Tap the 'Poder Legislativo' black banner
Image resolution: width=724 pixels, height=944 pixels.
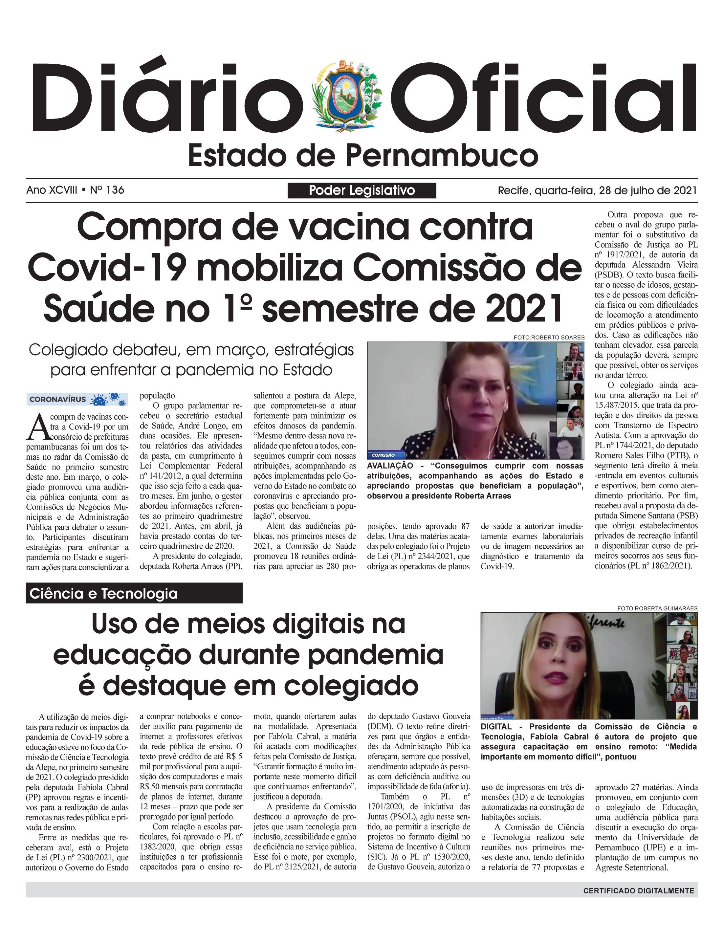pos(362,190)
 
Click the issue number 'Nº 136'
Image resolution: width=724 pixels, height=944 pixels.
pos(107,190)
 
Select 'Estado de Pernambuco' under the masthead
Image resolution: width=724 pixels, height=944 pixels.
pos(363,156)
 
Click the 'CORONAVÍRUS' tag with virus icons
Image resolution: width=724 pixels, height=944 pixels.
pos(77,399)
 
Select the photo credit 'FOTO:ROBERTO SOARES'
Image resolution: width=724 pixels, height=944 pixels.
pos(549,337)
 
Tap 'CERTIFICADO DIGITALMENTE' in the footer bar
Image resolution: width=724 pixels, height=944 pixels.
pos(638,890)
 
